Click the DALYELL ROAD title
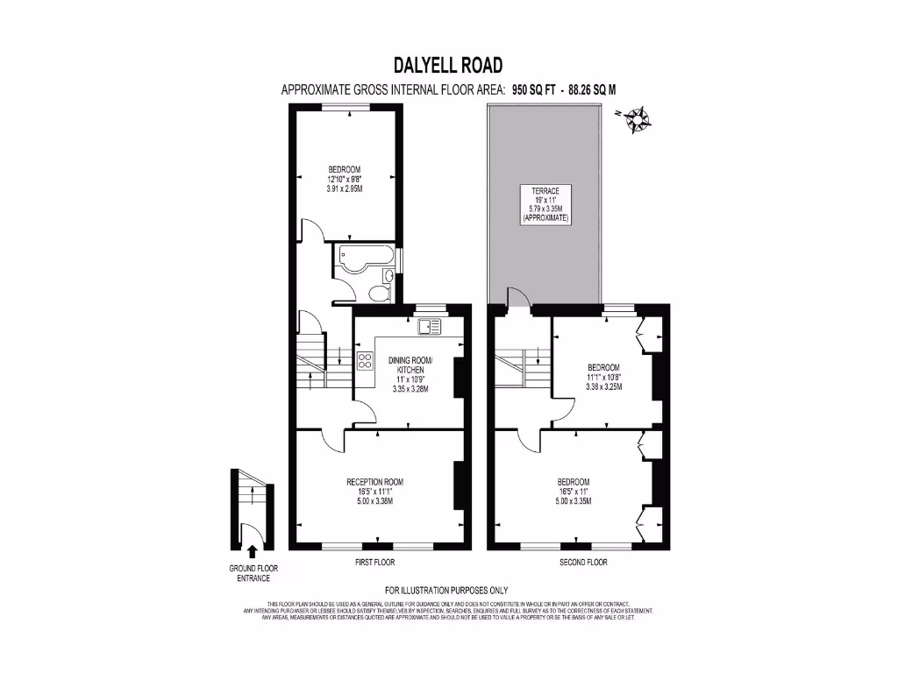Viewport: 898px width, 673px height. click(448, 66)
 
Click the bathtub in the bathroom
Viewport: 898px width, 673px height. click(364, 259)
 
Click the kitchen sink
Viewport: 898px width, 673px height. click(431, 327)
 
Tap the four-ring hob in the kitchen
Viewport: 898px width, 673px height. click(365, 362)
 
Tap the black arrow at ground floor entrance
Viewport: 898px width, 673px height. click(253, 551)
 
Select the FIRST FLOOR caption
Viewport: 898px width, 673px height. click(375, 562)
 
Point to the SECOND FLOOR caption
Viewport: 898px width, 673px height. click(583, 562)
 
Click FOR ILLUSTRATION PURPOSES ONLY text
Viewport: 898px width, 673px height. click(446, 590)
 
